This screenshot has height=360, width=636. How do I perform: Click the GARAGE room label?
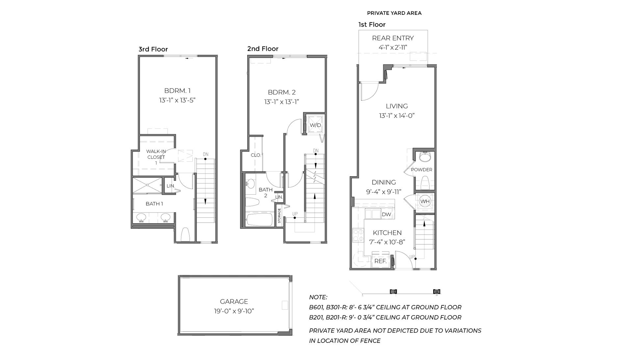(x=234, y=301)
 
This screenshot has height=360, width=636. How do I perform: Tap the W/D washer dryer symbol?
(x=315, y=125)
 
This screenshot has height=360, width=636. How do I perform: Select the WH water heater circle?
(x=425, y=201)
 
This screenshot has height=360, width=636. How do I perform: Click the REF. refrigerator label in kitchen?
(x=380, y=261)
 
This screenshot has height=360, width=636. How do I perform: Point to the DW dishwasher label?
(x=386, y=214)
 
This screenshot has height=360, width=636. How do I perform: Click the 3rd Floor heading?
(x=153, y=49)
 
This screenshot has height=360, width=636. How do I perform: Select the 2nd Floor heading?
(x=263, y=49)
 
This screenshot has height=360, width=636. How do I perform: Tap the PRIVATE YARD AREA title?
(x=394, y=13)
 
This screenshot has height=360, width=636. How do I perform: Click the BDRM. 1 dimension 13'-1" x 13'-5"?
(x=177, y=100)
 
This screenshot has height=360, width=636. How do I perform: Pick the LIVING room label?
(x=397, y=106)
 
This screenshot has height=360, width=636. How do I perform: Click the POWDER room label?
(x=421, y=170)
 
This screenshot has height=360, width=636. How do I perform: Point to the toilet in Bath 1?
(x=185, y=234)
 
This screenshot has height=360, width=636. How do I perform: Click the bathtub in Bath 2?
(x=259, y=220)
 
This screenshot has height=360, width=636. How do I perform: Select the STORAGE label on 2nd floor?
(x=279, y=216)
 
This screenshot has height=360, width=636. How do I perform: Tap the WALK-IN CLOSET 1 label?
(x=156, y=157)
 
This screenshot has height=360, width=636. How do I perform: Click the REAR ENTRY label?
(x=393, y=38)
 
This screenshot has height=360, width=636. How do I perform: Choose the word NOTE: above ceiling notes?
(x=318, y=297)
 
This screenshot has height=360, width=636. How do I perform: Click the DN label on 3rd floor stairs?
(x=205, y=154)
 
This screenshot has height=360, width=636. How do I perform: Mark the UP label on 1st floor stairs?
(x=412, y=257)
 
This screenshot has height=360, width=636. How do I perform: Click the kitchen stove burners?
(x=358, y=235)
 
